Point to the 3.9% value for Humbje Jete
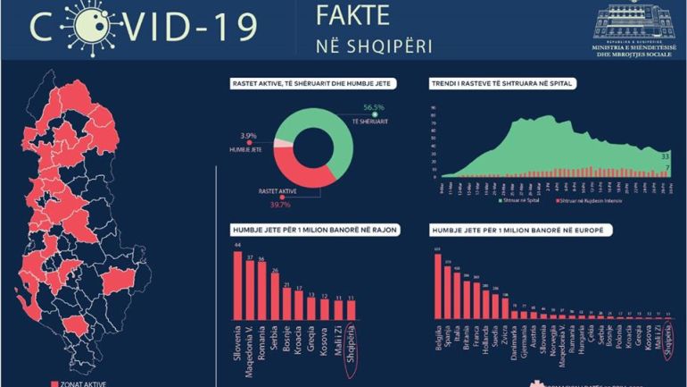[248, 136]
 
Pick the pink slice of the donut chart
[282, 143]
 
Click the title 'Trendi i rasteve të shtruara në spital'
[501, 84]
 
